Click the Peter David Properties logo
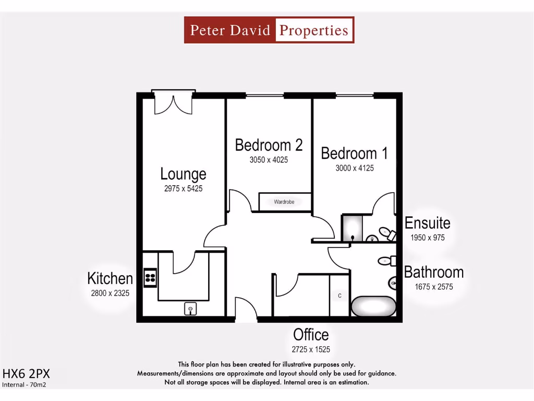(x=269, y=30)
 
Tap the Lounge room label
(x=183, y=174)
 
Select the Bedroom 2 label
(x=269, y=145)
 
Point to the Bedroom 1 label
(x=354, y=154)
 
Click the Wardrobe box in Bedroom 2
(x=285, y=202)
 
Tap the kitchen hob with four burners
(x=150, y=277)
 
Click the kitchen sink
(x=190, y=309)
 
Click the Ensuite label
(x=427, y=223)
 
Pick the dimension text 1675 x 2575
(x=433, y=287)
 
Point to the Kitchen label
(x=110, y=279)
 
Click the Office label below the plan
(x=311, y=335)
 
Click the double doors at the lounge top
(x=173, y=103)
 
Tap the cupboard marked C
(x=340, y=296)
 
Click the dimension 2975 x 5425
(x=183, y=188)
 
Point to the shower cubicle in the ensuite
(x=352, y=228)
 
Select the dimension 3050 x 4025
(x=269, y=160)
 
